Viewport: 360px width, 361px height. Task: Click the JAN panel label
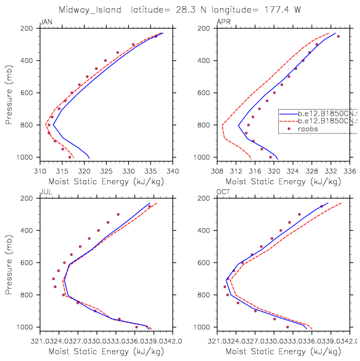point(45,22)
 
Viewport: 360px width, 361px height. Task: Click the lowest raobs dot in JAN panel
point(69,157)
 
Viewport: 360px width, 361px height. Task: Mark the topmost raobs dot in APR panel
point(338,36)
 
